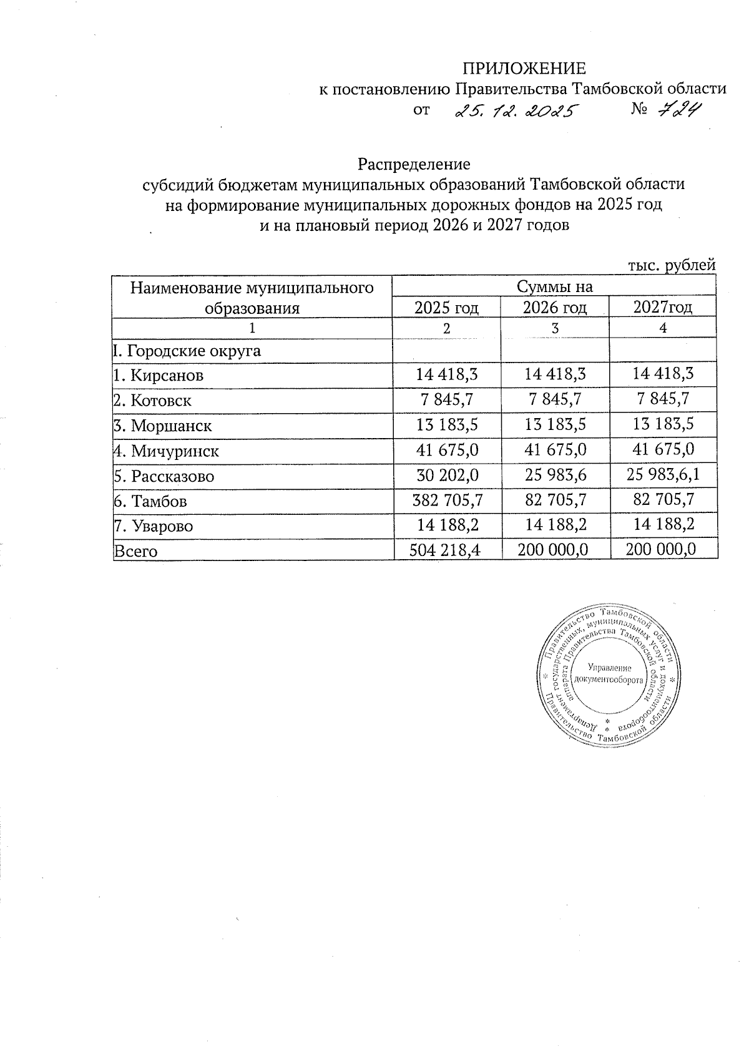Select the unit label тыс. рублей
click(x=670, y=265)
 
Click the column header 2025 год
click(x=446, y=307)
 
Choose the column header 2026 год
click(x=554, y=307)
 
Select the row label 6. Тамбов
click(x=150, y=501)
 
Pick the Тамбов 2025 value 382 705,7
click(x=447, y=499)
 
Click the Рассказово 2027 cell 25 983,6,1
click(x=663, y=475)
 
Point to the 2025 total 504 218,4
click(x=447, y=549)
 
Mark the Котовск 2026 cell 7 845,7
click(x=554, y=399)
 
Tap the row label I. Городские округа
click(x=187, y=351)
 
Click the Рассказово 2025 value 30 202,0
click(x=447, y=475)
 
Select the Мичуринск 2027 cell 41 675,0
click(x=663, y=449)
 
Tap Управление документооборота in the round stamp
click(x=608, y=673)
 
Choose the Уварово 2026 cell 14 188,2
click(x=554, y=525)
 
